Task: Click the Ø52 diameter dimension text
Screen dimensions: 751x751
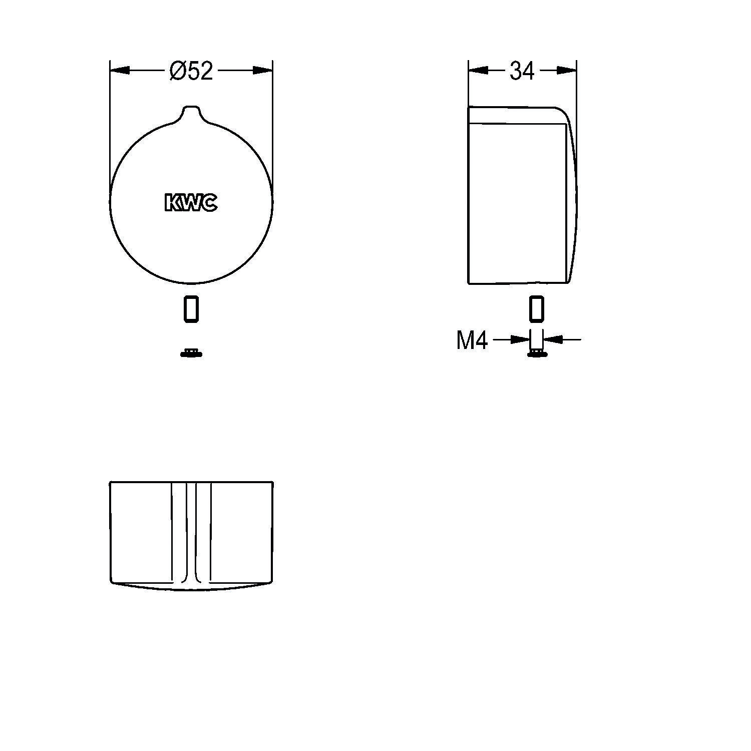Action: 191,71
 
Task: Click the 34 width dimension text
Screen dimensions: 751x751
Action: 522,71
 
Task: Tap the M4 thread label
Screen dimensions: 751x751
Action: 472,340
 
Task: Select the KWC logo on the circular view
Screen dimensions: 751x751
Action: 191,202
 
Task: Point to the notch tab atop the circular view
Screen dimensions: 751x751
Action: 192,112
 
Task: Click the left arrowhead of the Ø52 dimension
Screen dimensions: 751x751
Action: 120,71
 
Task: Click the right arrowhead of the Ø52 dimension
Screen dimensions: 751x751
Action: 263,71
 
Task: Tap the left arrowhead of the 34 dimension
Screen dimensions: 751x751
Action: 478,71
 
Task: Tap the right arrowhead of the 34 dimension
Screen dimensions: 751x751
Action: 566,71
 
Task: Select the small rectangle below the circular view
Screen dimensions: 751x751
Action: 191,308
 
